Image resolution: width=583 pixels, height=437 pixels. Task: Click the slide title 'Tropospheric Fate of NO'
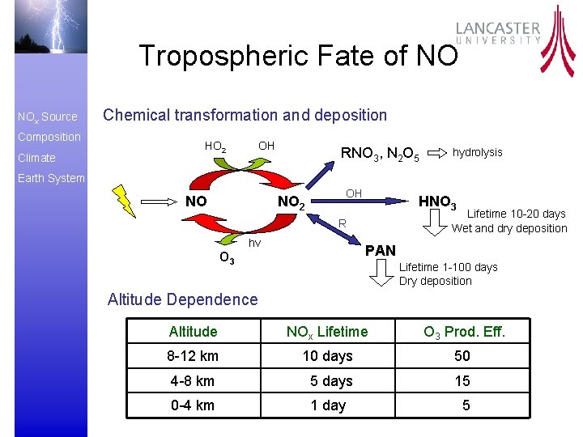point(298,56)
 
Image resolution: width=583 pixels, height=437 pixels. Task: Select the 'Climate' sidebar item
point(36,158)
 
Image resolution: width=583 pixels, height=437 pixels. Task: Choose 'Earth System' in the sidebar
point(50,178)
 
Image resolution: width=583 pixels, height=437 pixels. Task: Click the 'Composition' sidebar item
point(49,137)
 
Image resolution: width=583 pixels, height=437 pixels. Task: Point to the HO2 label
point(215,146)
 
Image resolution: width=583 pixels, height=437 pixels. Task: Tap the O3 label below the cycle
point(228,258)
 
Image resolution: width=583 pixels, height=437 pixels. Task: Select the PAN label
point(380,251)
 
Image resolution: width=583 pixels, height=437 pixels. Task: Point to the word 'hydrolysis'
point(477,152)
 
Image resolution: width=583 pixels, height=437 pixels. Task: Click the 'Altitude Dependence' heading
point(182,299)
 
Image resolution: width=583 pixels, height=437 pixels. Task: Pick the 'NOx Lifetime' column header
point(327,331)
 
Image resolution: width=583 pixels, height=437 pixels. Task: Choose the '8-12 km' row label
point(193,356)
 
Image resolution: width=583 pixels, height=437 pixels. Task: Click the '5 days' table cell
point(331,380)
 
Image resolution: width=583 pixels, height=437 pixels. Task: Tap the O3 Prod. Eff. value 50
point(462,356)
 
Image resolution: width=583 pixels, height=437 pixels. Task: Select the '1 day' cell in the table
point(328,405)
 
